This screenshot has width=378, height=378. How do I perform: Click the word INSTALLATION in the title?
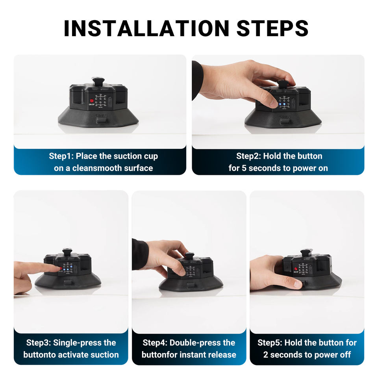[x=146, y=28]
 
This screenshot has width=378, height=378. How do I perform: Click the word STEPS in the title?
[x=272, y=28]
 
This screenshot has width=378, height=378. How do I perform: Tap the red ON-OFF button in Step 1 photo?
[x=92, y=101]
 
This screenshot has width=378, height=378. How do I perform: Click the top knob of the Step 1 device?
[x=98, y=81]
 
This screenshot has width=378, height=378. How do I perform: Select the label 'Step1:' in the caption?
[x=61, y=156]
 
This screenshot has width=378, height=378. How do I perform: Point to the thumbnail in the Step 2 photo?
[x=273, y=103]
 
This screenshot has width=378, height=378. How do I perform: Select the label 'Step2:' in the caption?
[x=248, y=156]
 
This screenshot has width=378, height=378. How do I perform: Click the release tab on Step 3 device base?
[x=68, y=282]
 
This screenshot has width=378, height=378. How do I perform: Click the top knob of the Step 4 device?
[x=189, y=255]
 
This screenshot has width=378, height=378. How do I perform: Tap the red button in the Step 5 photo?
[x=296, y=269]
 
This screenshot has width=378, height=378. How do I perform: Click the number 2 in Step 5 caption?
[x=266, y=355]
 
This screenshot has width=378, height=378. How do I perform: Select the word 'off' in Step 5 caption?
[x=345, y=355]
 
